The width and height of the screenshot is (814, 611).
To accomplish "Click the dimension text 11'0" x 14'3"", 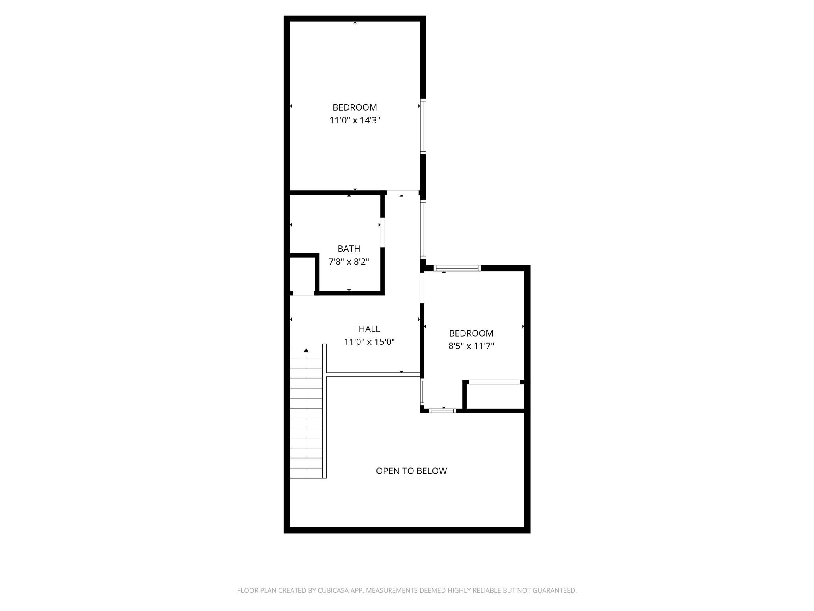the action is pyautogui.click(x=355, y=120).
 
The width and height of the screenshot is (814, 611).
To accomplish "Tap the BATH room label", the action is pyautogui.click(x=349, y=249).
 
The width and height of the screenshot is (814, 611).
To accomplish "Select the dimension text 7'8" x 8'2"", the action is pyautogui.click(x=349, y=262).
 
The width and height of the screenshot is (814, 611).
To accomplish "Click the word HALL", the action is pyautogui.click(x=369, y=329).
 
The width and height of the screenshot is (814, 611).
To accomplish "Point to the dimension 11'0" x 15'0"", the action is pyautogui.click(x=369, y=342).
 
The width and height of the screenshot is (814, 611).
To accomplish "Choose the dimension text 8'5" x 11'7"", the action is pyautogui.click(x=471, y=346).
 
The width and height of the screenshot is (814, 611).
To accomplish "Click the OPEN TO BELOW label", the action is pyautogui.click(x=411, y=471).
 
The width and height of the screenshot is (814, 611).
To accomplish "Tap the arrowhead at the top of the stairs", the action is pyautogui.click(x=306, y=350).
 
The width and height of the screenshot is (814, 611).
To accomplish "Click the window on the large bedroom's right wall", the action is pyautogui.click(x=423, y=126).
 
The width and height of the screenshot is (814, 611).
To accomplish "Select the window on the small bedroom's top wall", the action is pyautogui.click(x=457, y=268).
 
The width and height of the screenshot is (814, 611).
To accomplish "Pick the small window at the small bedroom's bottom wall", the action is pyautogui.click(x=442, y=411).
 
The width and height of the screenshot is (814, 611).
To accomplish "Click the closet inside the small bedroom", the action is pyautogui.click(x=495, y=396).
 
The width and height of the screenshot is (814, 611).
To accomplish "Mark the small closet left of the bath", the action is pyautogui.click(x=302, y=275).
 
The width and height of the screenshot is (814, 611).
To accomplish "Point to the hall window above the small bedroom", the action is pyautogui.click(x=423, y=230).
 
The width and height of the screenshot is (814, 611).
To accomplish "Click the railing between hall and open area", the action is pyautogui.click(x=373, y=375).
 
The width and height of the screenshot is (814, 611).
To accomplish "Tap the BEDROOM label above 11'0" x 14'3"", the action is pyautogui.click(x=355, y=107).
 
